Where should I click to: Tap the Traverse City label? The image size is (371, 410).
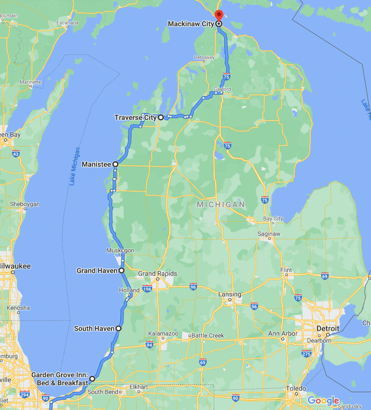coord(135,117)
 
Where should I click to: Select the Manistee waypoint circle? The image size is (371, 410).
coord(115,164)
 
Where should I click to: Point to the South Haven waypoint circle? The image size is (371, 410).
coord(118,328)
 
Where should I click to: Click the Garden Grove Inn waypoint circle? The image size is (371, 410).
coord(92,378)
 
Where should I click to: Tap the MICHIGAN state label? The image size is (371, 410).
coord(221,204)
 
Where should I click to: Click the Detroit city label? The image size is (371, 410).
coord(328,328)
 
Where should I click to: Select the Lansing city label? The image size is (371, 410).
coord(229,294)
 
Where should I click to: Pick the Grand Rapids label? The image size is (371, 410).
coord(158,274)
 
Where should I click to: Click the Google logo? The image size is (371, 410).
coord(323,400)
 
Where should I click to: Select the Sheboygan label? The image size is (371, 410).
coord(24,204)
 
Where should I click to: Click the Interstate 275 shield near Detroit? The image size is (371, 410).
coord(306,354)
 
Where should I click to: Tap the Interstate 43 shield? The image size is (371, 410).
coord(17,154)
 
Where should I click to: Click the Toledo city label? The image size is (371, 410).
coord(296,388)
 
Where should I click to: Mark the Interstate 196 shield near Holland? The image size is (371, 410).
coord(147,289)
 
